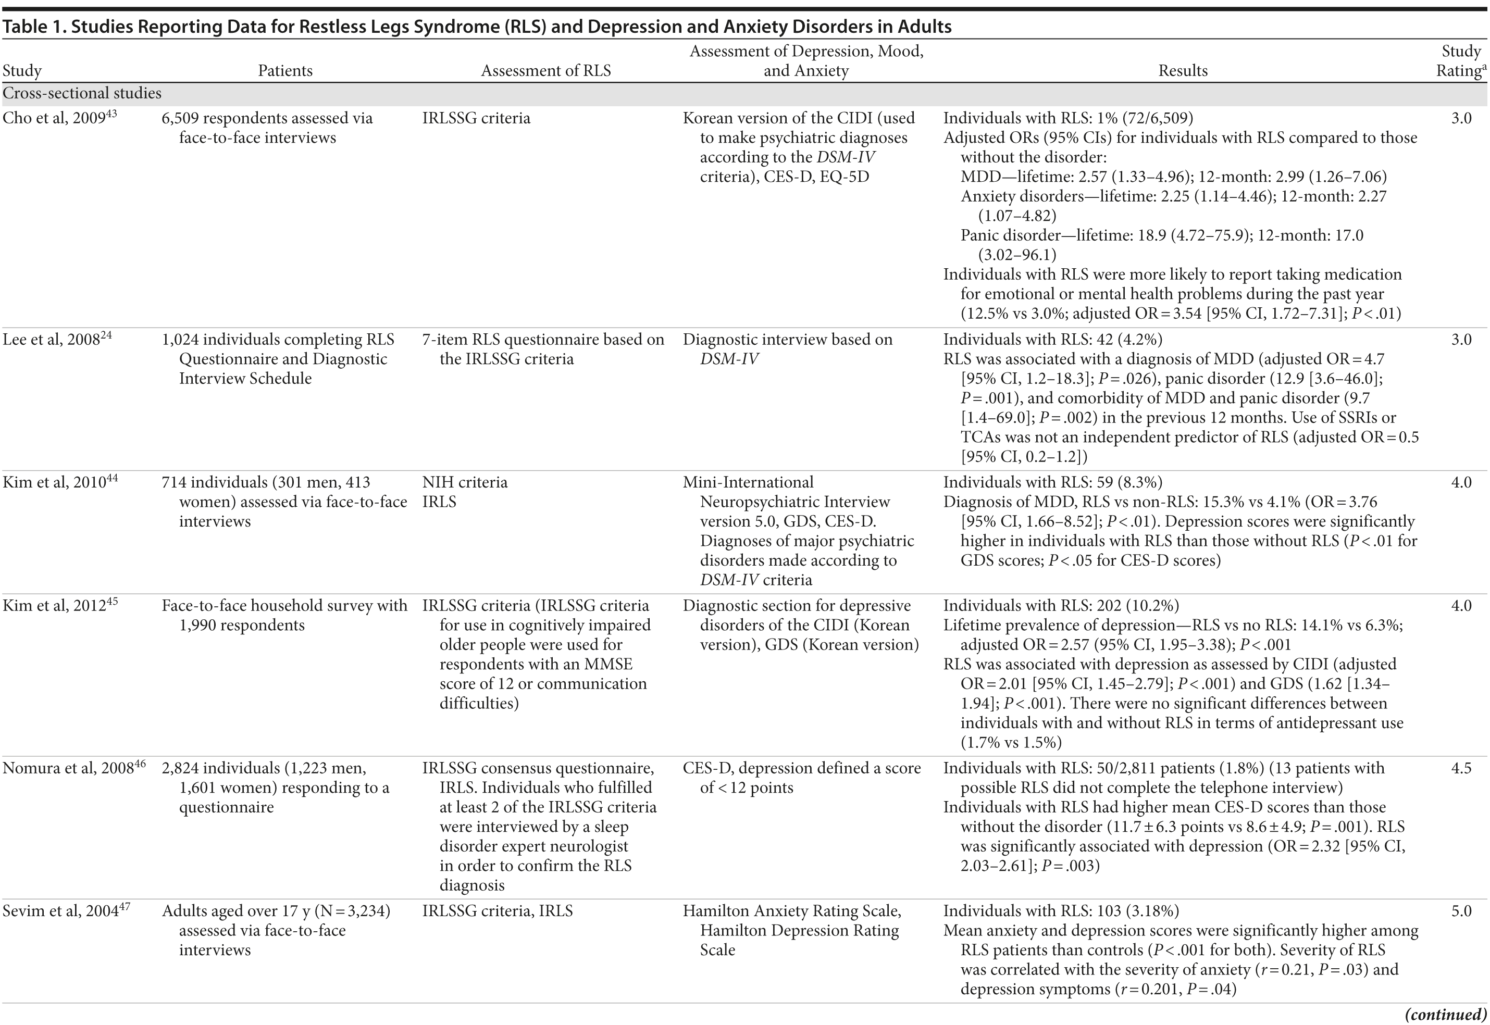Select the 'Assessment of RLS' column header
point(546,71)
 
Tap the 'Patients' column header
point(285,71)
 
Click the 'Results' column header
point(1183,71)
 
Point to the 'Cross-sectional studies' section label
point(82,94)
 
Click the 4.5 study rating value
point(1461,768)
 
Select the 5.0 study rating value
point(1461,911)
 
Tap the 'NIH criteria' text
point(464,482)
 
